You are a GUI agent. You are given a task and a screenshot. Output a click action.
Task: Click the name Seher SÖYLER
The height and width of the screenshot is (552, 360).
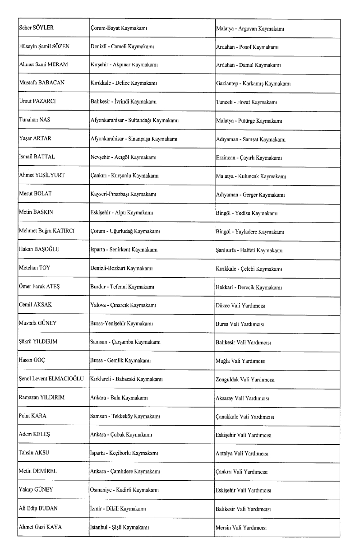tap(36, 28)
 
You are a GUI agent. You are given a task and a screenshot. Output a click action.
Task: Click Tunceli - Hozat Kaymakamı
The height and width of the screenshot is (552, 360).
tap(246, 102)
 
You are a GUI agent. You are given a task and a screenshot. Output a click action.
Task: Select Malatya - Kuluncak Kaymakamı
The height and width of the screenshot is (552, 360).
tap(251, 176)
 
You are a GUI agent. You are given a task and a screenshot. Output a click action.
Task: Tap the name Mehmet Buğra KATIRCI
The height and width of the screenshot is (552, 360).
tap(47, 231)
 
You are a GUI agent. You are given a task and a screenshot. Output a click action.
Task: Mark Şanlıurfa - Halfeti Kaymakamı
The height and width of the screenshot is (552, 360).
tap(249, 250)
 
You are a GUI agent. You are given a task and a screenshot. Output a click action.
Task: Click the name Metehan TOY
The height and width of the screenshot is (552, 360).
tap(34, 268)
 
